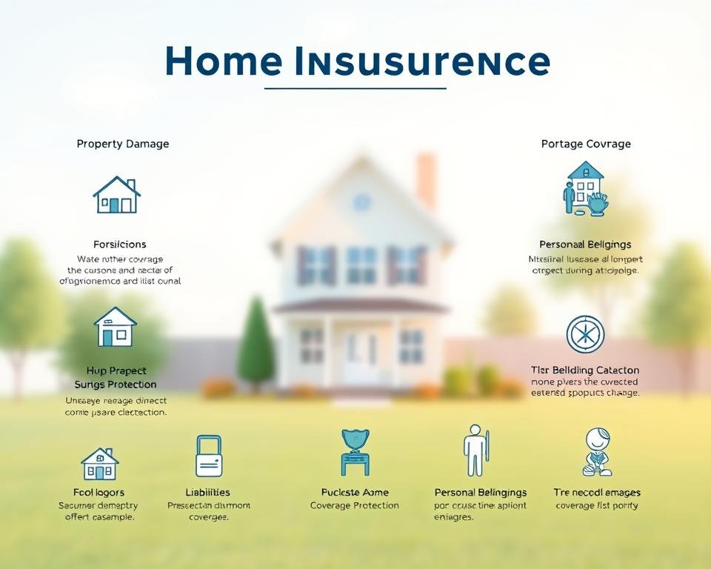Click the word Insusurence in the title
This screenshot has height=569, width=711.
[422, 61]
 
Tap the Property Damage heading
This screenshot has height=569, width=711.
[123, 144]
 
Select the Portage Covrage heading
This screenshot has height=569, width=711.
[586, 144]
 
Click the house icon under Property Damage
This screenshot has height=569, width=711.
[117, 195]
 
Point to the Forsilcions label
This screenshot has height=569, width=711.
[120, 244]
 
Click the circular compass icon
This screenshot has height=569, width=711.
[585, 334]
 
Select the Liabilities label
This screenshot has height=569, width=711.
[207, 493]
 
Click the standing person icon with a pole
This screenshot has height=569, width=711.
[475, 450]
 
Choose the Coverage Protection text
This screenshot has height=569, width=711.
[354, 506]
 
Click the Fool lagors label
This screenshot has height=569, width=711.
[99, 493]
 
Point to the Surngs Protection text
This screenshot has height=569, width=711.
[116, 385]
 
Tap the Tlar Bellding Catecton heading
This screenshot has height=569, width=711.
[585, 370]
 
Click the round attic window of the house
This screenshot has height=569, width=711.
[362, 202]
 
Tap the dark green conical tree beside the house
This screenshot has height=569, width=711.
[256, 345]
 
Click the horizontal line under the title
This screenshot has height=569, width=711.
[355, 88]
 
